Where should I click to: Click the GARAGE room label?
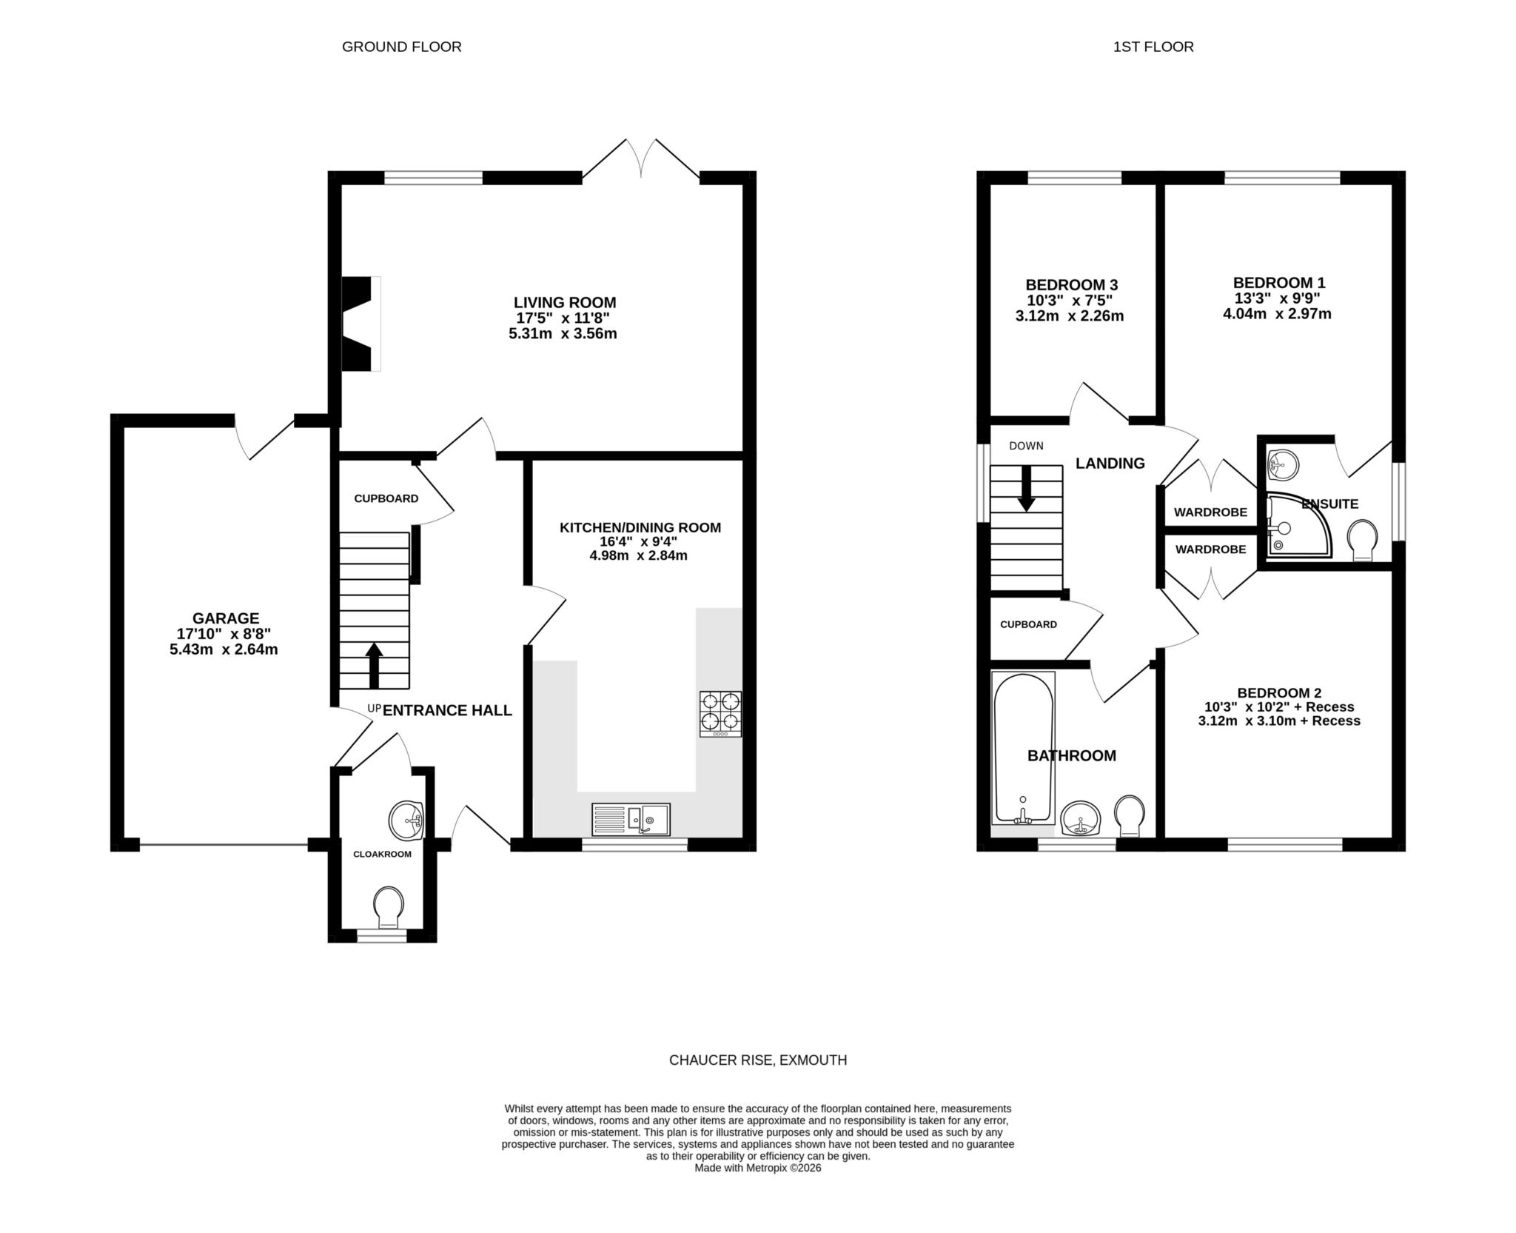tap(226, 618)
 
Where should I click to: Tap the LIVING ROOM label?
tap(565, 302)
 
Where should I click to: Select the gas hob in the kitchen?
tap(720, 714)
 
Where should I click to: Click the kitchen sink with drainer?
tap(631, 819)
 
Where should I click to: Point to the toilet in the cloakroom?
tap(389, 907)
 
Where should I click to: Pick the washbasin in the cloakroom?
tap(406, 821)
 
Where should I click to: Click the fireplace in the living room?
tap(360, 324)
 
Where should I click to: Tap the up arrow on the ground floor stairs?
tap(374, 666)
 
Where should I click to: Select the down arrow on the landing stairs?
tap(1026, 488)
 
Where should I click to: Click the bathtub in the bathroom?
tap(1023, 748)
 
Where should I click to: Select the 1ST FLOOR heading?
tap(1153, 47)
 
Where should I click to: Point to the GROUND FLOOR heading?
tap(402, 47)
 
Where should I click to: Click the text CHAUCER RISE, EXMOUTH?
tap(758, 1060)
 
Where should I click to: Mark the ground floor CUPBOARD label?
tap(386, 498)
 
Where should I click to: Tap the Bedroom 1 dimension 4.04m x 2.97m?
tap(1277, 314)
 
